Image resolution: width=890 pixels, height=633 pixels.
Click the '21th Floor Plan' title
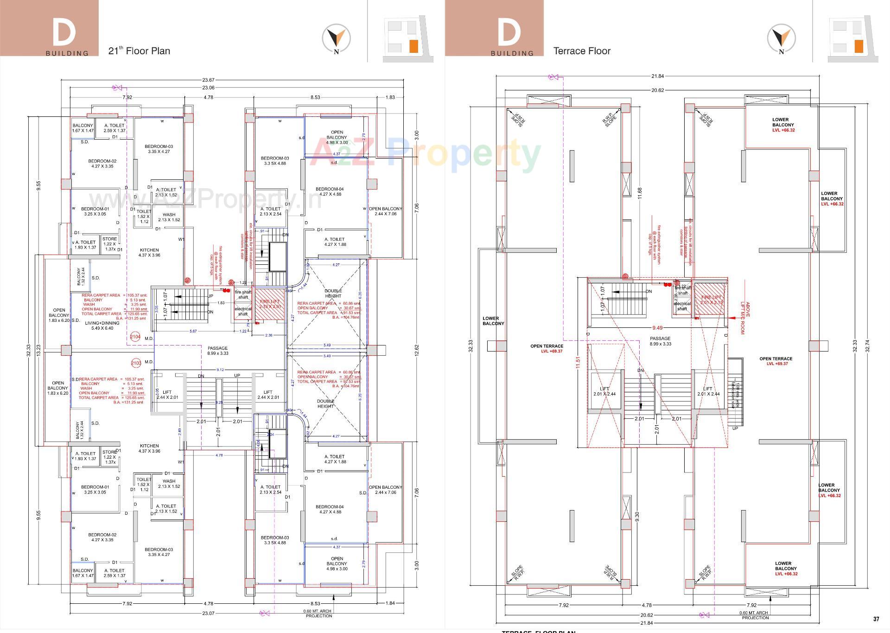[139, 51]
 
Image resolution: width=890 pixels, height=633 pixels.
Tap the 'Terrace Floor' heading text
[582, 51]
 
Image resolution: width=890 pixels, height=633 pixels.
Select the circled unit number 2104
[135, 337]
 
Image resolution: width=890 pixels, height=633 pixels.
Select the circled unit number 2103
[136, 363]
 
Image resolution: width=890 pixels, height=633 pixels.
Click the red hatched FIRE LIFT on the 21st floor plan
[270, 304]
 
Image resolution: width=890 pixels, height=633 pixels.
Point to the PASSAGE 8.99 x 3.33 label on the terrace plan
[660, 341]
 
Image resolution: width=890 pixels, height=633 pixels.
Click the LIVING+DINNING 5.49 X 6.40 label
[102, 326]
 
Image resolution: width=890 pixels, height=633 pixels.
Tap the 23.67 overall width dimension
[208, 80]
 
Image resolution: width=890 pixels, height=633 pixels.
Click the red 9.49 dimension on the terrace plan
[657, 328]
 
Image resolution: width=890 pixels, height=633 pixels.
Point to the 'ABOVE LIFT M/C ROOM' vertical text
[744, 318]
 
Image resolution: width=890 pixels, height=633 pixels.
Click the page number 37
[876, 619]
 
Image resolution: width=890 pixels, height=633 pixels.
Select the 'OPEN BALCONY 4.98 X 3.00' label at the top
[337, 137]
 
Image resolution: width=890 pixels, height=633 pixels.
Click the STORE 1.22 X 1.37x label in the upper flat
[110, 244]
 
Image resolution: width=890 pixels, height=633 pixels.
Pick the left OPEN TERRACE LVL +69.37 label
[547, 349]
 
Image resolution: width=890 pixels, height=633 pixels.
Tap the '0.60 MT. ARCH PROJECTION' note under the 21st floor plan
[318, 614]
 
